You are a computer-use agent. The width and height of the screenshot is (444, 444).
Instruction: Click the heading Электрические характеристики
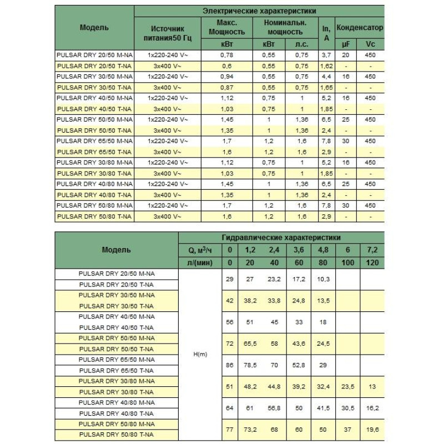[x=259, y=11]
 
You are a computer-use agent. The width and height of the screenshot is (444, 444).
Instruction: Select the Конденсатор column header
[x=359, y=27]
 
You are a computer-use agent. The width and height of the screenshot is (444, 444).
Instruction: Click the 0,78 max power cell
[x=226, y=56]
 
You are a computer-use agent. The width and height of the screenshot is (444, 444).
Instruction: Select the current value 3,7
[x=326, y=56]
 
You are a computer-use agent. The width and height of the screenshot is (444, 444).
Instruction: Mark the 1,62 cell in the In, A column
[x=326, y=65]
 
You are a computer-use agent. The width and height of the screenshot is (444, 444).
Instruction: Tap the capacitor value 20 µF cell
[x=345, y=56]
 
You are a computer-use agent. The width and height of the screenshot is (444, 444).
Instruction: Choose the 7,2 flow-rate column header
[x=372, y=249]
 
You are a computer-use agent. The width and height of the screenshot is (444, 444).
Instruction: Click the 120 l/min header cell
[x=372, y=262]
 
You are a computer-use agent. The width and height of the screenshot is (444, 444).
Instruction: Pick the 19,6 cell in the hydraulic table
[x=372, y=430]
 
